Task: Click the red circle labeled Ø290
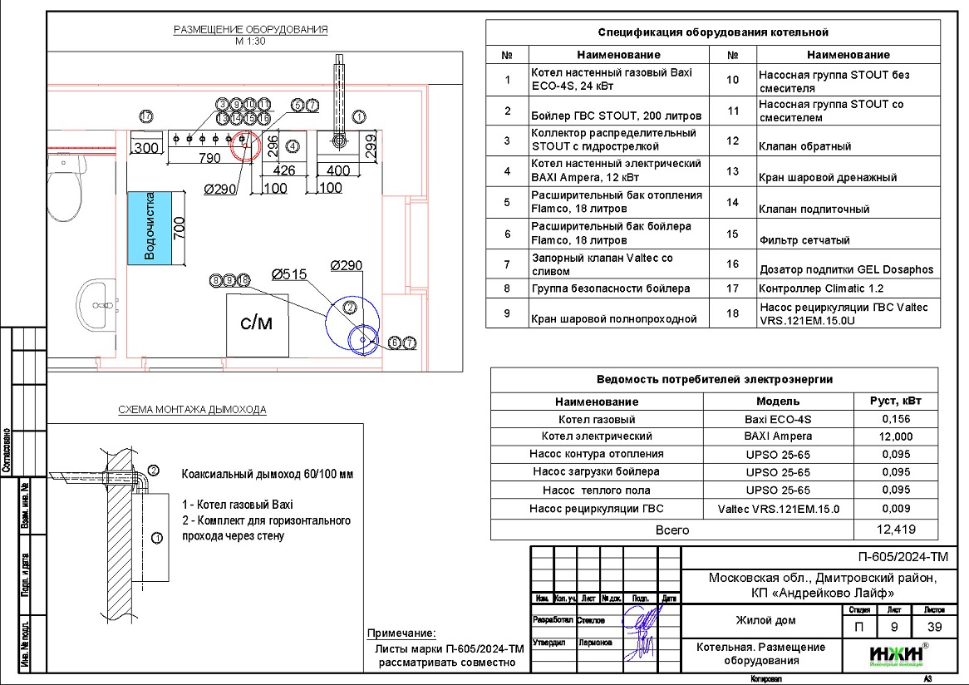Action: click(245, 144)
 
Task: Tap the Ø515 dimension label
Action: click(288, 274)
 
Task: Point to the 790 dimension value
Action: click(209, 158)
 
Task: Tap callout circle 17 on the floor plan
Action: click(146, 116)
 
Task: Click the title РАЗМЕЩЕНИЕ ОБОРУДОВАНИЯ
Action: click(250, 30)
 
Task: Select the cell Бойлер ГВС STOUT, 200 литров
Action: click(616, 115)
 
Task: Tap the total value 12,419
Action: click(896, 529)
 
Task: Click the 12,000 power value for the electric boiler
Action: click(896, 436)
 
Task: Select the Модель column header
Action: click(778, 401)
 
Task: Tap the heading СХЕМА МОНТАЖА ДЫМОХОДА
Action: click(192, 410)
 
